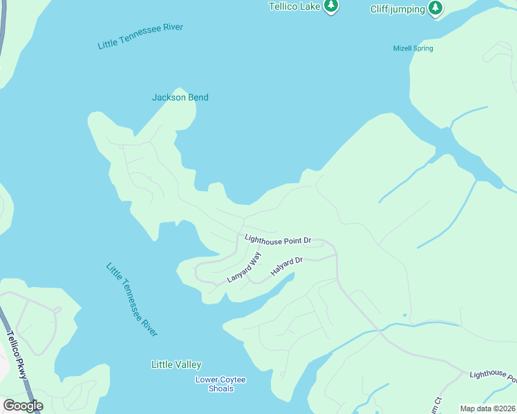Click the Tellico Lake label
[295, 6]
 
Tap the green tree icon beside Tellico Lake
[332, 6]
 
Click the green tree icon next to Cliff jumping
[435, 8]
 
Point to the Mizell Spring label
[413, 48]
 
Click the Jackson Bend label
[180, 97]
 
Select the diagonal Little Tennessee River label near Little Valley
[132, 299]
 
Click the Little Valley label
[176, 364]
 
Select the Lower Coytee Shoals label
[220, 384]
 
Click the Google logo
[23, 406]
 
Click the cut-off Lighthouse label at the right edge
[493, 375]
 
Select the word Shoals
[220, 389]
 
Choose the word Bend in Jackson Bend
[196, 97]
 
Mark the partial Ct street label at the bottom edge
[437, 402]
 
